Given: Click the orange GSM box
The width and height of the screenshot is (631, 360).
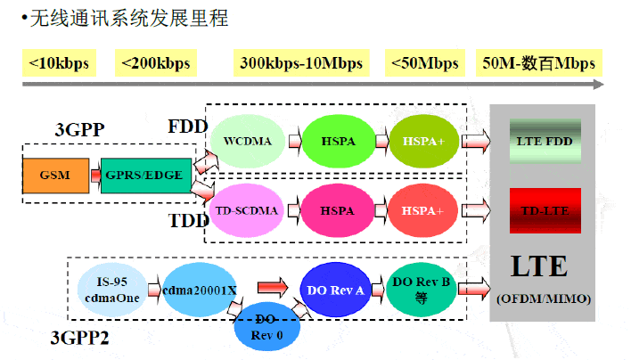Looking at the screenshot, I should coord(56,174).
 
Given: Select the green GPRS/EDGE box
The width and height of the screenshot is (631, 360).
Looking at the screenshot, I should coord(143,174).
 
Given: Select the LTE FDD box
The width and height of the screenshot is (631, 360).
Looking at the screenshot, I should coord(545,141).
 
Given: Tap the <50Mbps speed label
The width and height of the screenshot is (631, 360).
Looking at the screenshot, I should coord(423,63).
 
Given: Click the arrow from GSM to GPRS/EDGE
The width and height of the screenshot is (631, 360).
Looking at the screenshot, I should coord(94,175).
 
